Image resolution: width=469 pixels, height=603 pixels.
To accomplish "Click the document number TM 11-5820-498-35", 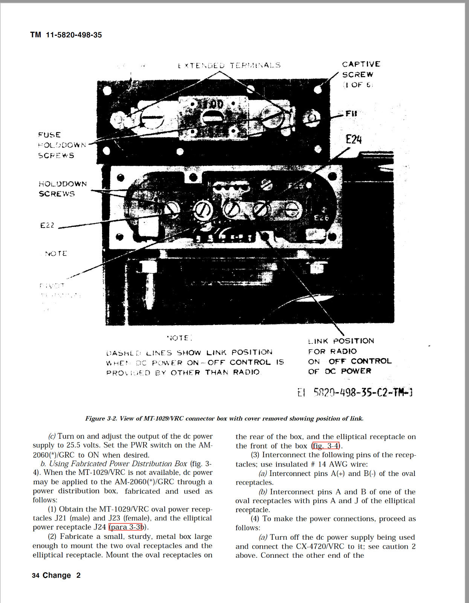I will [x=66, y=35].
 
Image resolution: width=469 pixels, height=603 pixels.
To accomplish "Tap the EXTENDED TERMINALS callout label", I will [x=229, y=65].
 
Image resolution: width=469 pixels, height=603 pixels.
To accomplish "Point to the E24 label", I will [x=353, y=140].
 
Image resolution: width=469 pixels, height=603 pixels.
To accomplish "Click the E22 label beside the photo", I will [x=47, y=225].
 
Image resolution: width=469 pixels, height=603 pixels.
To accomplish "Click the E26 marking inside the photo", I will [x=321, y=218].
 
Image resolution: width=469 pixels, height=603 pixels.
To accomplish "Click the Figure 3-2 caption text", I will [x=224, y=418].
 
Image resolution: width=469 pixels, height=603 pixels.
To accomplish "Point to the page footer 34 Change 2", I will [x=56, y=575].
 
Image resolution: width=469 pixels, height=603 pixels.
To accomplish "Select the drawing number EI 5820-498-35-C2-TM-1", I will [x=355, y=393].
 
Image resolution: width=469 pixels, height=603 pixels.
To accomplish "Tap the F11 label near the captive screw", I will [x=351, y=113].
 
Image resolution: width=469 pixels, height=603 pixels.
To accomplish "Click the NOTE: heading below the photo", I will [x=180, y=338].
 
